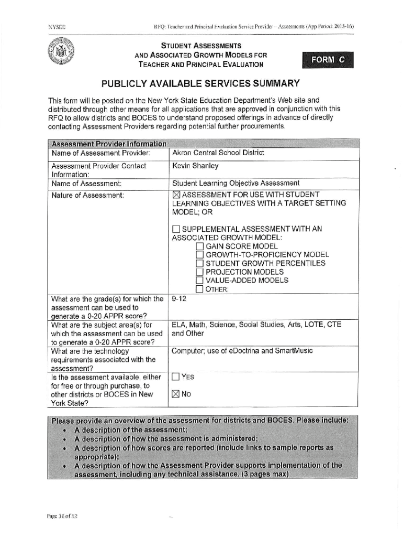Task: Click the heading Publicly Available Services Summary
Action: [200, 83]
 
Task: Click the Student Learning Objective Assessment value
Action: [236, 183]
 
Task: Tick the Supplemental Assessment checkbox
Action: [176, 229]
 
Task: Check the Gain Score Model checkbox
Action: [199, 246]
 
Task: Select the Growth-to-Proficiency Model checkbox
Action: [199, 255]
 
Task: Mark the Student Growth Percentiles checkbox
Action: [199, 263]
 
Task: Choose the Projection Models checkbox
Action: [199, 272]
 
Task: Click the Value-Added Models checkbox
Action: [199, 280]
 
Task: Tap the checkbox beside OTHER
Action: [199, 289]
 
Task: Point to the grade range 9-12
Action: [179, 299]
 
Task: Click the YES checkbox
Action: [176, 377]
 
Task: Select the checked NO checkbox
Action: [176, 394]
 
